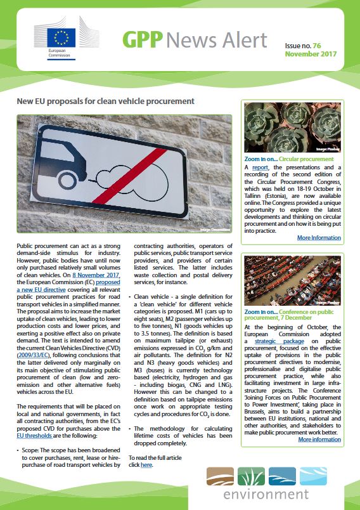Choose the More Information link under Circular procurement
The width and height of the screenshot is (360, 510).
click(319, 238)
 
